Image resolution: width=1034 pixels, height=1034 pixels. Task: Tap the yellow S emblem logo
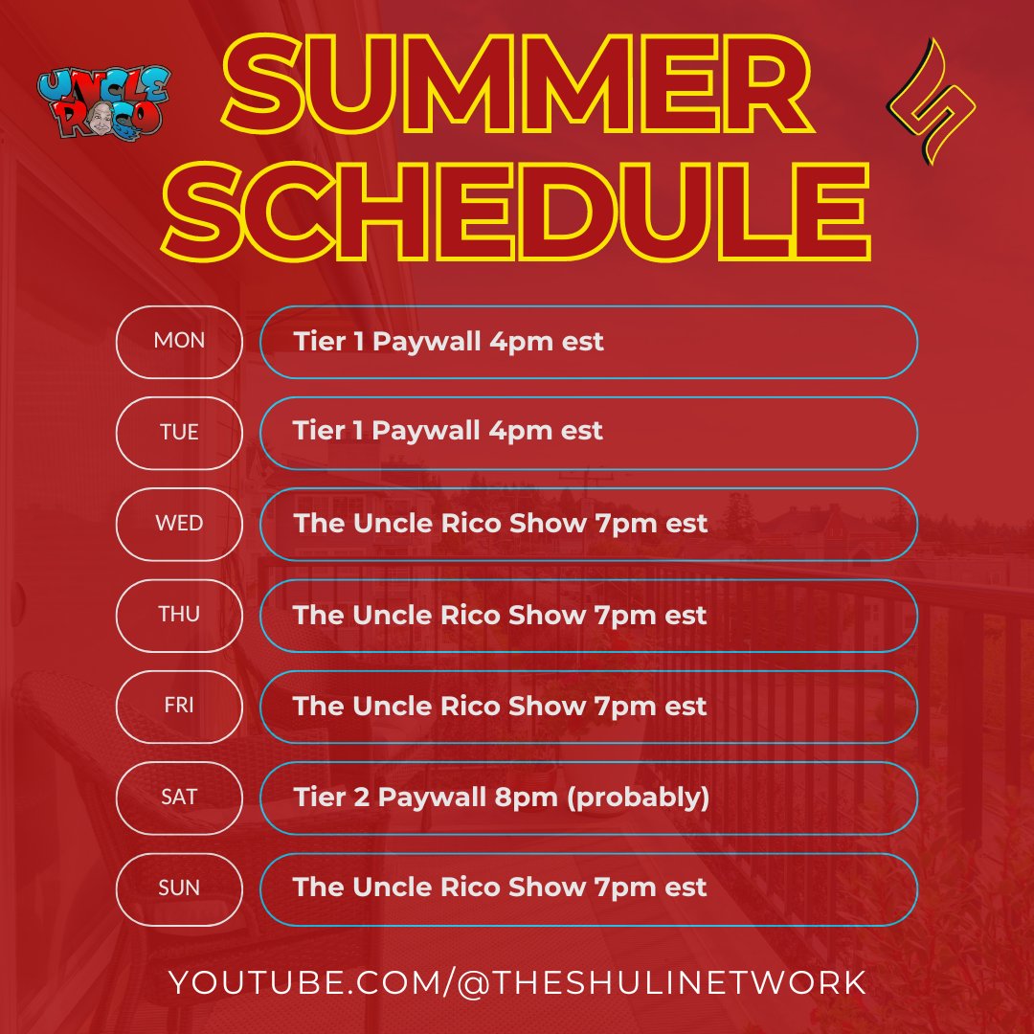pos(932,101)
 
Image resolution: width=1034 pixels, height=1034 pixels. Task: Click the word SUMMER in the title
pos(517,83)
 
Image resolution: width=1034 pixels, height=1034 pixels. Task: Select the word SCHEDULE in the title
pos(516,211)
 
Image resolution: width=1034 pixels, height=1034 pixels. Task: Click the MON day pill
pos(179,342)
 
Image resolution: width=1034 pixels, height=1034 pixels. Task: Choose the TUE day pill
pos(179,433)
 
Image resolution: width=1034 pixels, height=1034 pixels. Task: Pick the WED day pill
pos(179,525)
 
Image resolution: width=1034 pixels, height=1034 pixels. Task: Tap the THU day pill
pos(179,616)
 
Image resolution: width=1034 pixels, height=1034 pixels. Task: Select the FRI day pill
pos(179,707)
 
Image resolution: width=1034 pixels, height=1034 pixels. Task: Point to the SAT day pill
pos(179,798)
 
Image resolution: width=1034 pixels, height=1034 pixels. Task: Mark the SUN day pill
pos(179,888)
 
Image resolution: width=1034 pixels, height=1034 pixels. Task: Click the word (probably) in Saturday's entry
pos(639,798)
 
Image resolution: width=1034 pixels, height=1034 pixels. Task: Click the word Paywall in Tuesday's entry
pos(426,431)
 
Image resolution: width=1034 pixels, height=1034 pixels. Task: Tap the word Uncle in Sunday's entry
pos(393,888)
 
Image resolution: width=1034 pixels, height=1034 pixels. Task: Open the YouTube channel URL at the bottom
pos(517,982)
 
